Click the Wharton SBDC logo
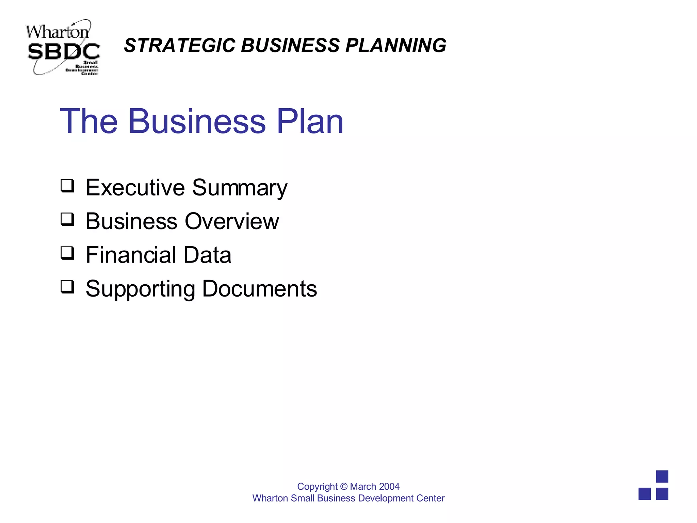(63, 47)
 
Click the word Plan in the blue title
(310, 121)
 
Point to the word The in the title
(89, 121)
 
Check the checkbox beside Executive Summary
(67, 186)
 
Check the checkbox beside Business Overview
(67, 220)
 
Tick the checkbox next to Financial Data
(67, 253)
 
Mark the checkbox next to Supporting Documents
(67, 287)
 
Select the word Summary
(240, 188)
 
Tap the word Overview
(232, 221)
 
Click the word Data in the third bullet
(207, 255)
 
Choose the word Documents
(260, 289)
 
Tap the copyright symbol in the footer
(344, 487)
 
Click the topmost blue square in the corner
(662, 476)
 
